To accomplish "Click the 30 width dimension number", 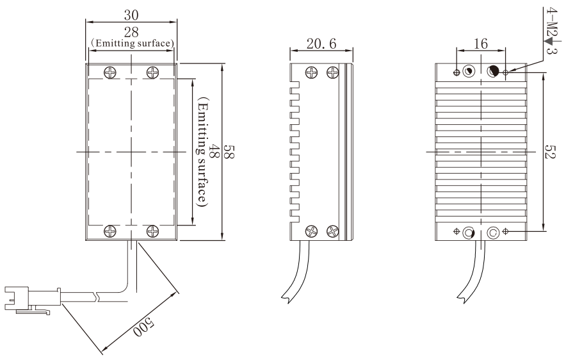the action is coord(131,15).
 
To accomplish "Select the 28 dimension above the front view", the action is coord(131,32).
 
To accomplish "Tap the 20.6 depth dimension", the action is coord(321,44).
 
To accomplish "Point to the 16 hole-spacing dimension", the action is coord(481,44).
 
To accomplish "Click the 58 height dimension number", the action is coord(230,152).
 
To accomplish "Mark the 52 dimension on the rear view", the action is coord(551,152).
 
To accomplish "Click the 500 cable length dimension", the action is coord(143,327).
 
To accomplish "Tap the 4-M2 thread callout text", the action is coord(551,22).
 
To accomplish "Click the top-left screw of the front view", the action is coord(110,73).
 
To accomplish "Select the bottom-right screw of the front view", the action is coord(152,231).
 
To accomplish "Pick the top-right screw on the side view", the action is coord(332,72).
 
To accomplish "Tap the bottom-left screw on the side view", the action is coord(312,231).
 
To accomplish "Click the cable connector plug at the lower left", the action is coord(33,299).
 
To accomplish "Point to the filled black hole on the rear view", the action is coord(493,72).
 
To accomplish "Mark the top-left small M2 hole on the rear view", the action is coord(457,72).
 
